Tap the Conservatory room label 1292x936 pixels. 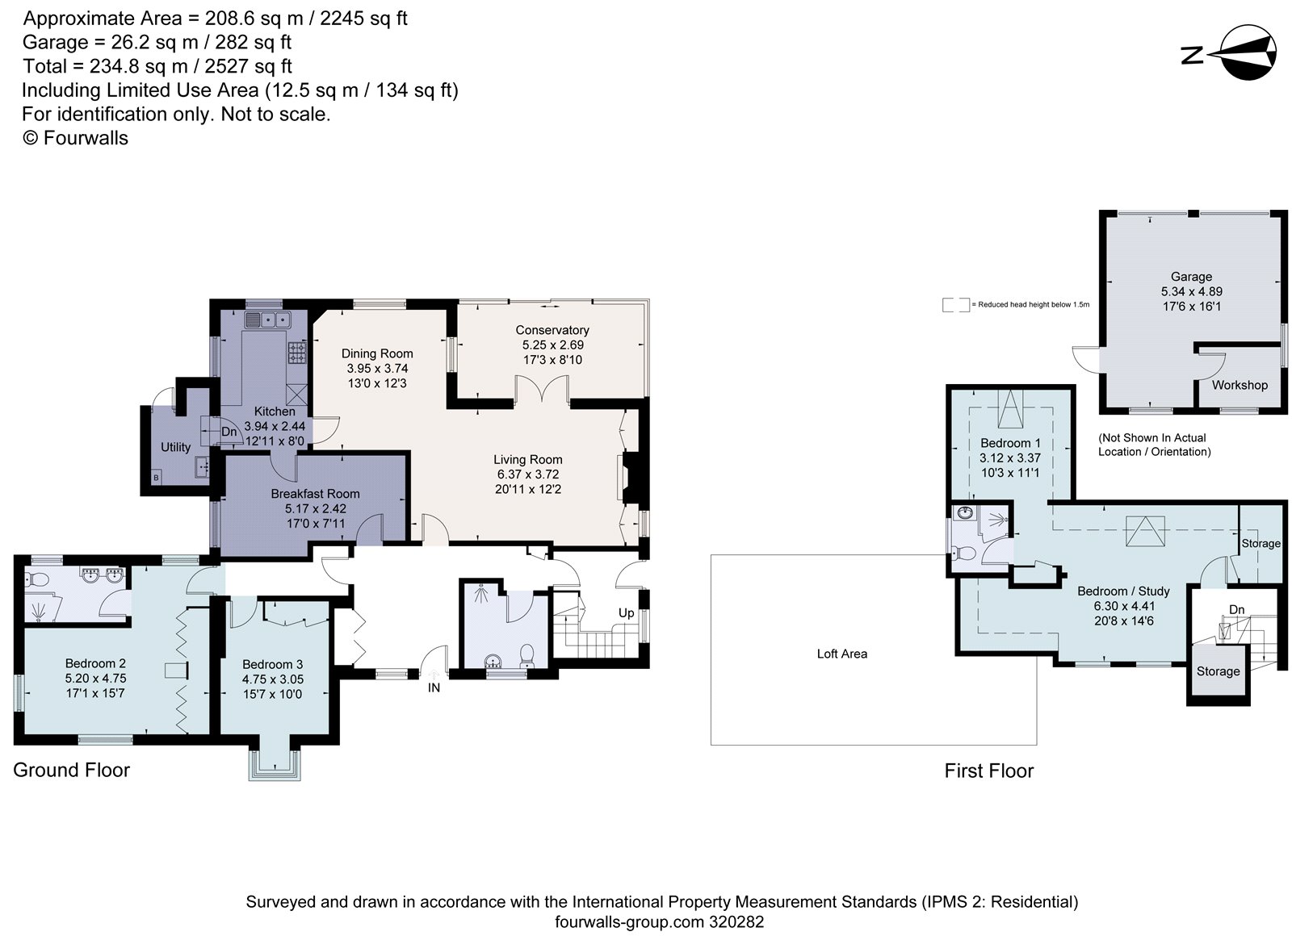pos(552,330)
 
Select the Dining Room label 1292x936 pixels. pos(377,354)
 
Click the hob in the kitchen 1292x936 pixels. pos(297,353)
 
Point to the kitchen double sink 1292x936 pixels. pos(267,320)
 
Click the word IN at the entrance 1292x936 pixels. pos(434,687)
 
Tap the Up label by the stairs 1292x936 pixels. pos(627,613)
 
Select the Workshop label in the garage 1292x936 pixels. pos(1240,385)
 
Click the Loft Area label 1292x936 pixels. pos(842,654)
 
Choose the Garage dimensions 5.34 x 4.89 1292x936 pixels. pos(1192,291)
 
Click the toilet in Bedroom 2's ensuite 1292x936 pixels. pos(36,579)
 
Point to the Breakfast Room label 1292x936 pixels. pos(315,494)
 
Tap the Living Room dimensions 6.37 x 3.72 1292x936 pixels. pos(528,474)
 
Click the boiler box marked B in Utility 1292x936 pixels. pos(156,478)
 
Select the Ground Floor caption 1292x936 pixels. pos(72,770)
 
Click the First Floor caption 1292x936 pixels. pos(988,771)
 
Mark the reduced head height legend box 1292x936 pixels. pos(956,305)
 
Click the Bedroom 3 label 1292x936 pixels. pos(272,665)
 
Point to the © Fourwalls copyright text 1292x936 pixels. pos(75,138)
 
